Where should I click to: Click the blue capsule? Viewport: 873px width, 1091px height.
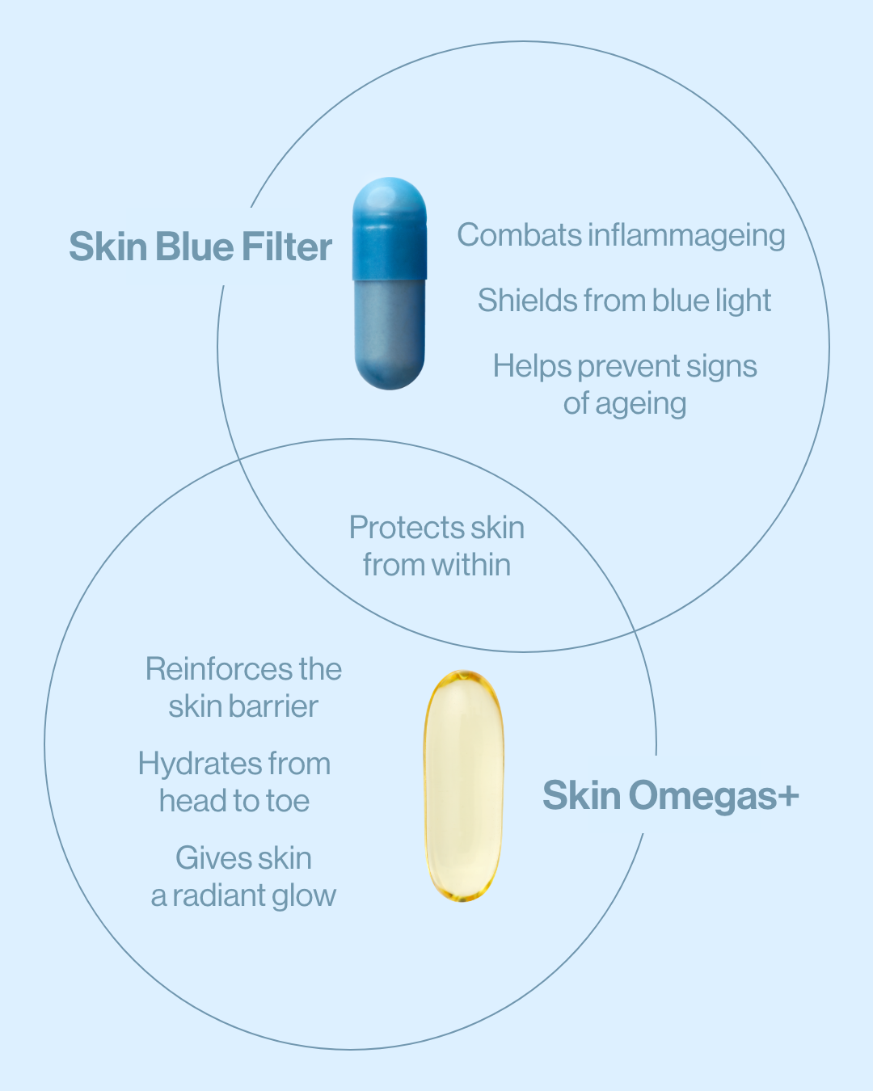pos(390,283)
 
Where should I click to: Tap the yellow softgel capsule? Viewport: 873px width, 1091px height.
pos(463,785)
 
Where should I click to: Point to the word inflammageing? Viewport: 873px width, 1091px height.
pos(686,236)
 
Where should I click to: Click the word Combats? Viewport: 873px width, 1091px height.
pos(519,235)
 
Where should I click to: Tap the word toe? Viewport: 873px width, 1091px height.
pos(288,801)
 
